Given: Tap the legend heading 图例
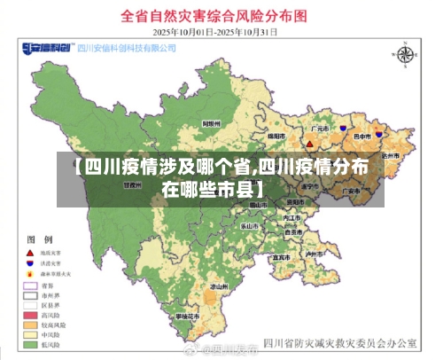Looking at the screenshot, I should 41,240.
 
